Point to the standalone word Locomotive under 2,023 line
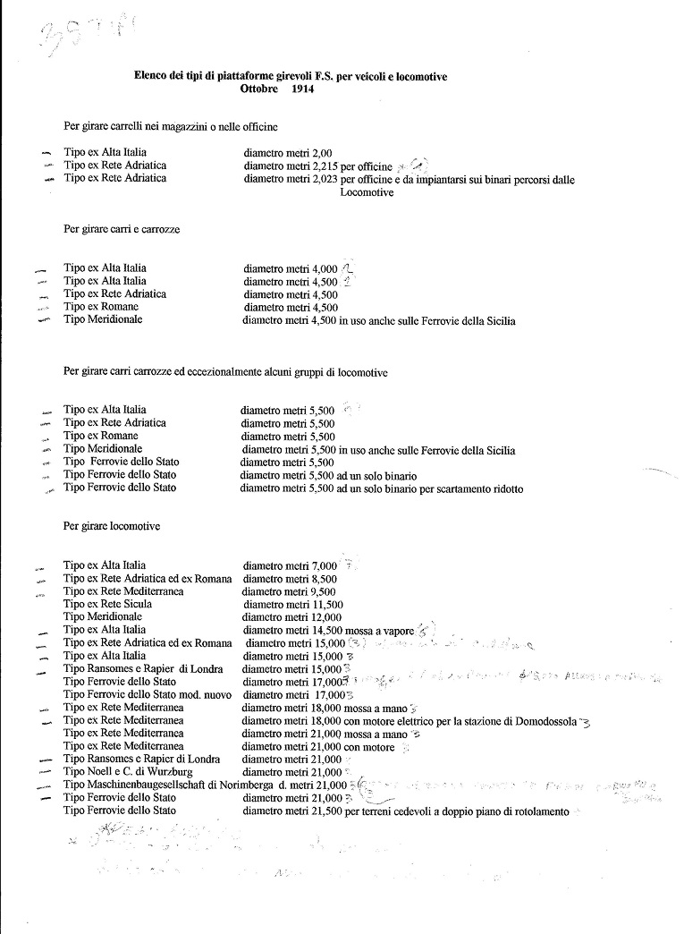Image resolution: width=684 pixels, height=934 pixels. (367, 192)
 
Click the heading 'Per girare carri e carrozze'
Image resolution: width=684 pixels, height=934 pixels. (122, 229)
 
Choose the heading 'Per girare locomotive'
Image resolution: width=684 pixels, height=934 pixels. (112, 526)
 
